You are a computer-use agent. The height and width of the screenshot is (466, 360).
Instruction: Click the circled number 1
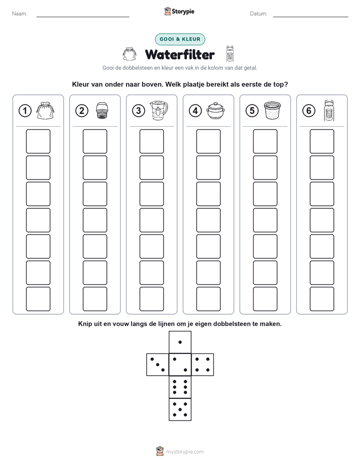pyautogui.click(x=25, y=111)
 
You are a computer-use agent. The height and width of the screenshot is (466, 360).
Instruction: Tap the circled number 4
pyautogui.click(x=195, y=111)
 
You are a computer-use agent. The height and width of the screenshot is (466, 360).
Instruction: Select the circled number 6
pyautogui.click(x=309, y=111)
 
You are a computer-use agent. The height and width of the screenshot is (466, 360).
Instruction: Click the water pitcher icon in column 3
pyautogui.click(x=159, y=110)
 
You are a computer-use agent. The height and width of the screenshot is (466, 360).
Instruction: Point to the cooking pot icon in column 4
pyautogui.click(x=216, y=111)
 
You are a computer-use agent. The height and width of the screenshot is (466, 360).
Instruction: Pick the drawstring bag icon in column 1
pyautogui.click(x=45, y=110)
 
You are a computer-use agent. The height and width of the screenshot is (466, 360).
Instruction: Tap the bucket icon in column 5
pyautogui.click(x=272, y=110)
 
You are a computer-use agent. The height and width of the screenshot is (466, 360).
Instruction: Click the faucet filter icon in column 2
pyautogui.click(x=102, y=111)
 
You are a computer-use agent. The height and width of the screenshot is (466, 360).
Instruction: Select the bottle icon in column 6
pyautogui.click(x=329, y=110)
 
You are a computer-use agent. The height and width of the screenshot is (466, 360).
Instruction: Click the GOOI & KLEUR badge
pyautogui.click(x=180, y=39)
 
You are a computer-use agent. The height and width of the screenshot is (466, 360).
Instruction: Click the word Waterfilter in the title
pyautogui.click(x=179, y=54)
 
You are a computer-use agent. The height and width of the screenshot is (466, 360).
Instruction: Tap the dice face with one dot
pyautogui.click(x=180, y=342)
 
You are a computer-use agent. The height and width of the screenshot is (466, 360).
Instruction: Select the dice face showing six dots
pyautogui.click(x=180, y=387)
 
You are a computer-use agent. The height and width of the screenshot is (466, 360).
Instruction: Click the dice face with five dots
pyautogui.click(x=180, y=409)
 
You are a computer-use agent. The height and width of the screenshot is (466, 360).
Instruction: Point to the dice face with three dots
pyautogui.click(x=158, y=365)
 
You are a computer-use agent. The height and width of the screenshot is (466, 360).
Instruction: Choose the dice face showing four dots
pyautogui.click(x=203, y=365)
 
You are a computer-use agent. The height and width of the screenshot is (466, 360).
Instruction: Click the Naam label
pyautogui.click(x=20, y=14)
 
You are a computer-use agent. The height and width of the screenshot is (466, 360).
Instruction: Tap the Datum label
pyautogui.click(x=259, y=14)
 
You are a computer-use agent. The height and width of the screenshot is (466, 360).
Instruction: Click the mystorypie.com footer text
pyautogui.click(x=185, y=452)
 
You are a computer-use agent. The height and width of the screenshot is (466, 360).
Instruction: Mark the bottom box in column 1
pyautogui.click(x=38, y=299)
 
